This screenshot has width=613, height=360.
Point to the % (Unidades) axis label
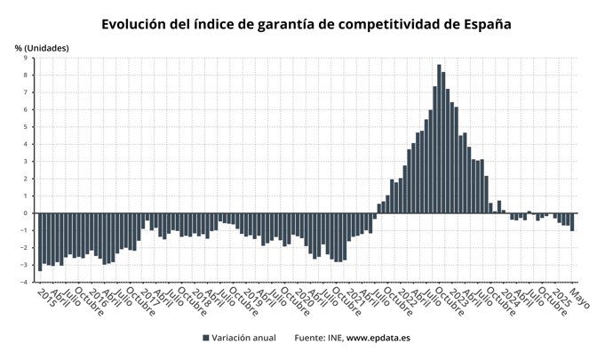pos(41,47)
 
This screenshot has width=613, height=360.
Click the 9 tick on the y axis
pos(27,59)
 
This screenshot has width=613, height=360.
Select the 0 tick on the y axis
pos(27,213)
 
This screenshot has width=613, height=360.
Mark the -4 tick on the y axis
pos(25,282)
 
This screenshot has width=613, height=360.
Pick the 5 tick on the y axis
pos(27,127)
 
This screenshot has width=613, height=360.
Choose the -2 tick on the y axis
pos(25,248)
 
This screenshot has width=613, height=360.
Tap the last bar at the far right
pos(572,221)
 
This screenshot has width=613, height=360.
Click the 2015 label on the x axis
pos(46,297)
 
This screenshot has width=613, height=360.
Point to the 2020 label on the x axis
pos(304,297)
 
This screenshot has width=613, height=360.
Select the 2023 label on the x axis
pos(458,297)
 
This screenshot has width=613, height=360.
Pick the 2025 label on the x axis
pos(561,297)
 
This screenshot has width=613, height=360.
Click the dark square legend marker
pos(206,338)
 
